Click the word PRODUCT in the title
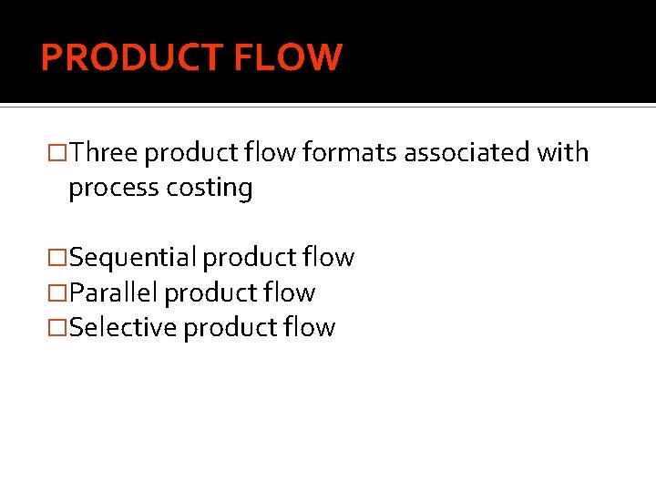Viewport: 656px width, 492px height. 131,57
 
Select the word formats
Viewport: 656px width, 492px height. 350,153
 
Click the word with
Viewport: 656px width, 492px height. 562,153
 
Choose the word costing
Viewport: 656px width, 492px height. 210,188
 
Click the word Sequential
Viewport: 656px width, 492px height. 132,258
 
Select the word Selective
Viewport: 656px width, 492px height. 123,327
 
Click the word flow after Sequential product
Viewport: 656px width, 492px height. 329,258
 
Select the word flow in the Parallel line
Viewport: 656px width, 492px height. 290,292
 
